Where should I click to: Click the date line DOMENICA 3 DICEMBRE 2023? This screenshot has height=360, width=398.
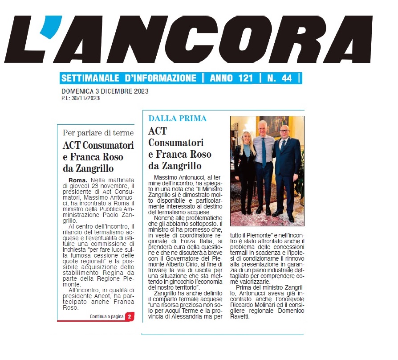click(105, 92)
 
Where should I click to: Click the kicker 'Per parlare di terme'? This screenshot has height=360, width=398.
click(98, 133)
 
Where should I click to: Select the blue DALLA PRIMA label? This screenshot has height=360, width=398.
click(177, 119)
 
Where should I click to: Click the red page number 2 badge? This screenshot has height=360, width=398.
click(129, 316)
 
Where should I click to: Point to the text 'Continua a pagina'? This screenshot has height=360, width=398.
click(106, 316)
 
